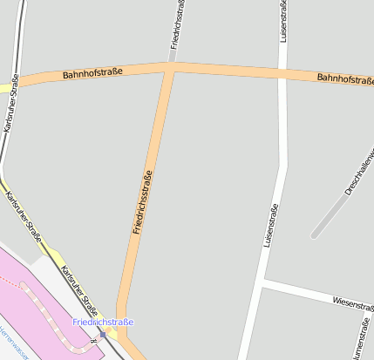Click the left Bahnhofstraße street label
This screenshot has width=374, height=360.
tap(92, 73)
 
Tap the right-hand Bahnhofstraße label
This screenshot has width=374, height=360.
tap(345, 78)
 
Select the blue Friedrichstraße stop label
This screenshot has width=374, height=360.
tap(103, 323)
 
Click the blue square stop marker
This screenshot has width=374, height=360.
tap(103, 334)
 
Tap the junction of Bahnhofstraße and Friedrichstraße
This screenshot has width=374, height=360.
tap(170, 67)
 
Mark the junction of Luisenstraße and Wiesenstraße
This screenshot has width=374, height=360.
tap(262, 282)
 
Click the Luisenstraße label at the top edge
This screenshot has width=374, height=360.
tap(282, 22)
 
